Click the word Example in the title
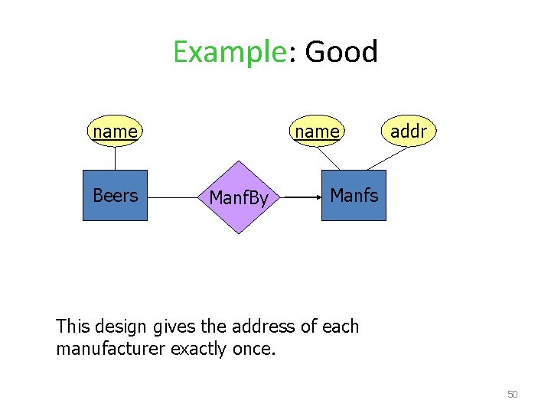[229, 53]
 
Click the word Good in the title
[341, 52]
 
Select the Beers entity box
[115, 195]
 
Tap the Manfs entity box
[354, 195]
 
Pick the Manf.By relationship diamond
[239, 198]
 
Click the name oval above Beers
[115, 132]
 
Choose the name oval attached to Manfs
[317, 132]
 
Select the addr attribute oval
[408, 132]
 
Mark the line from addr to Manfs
[386, 158]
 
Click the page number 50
[513, 395]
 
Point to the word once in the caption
[254, 349]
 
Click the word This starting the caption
[73, 327]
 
